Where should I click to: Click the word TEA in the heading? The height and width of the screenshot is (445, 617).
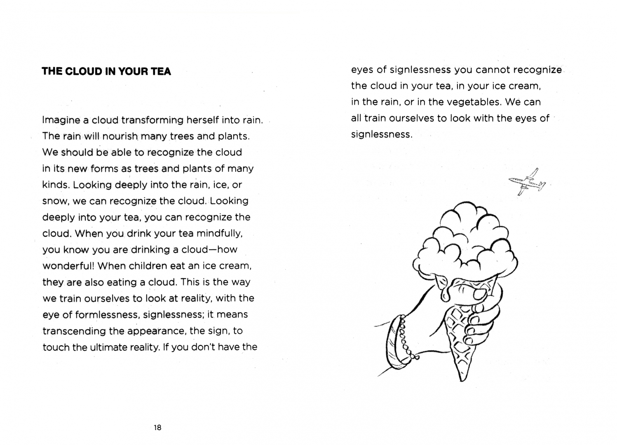[161, 71]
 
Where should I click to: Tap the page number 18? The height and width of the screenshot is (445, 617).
[157, 428]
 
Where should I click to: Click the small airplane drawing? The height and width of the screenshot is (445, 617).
[527, 182]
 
